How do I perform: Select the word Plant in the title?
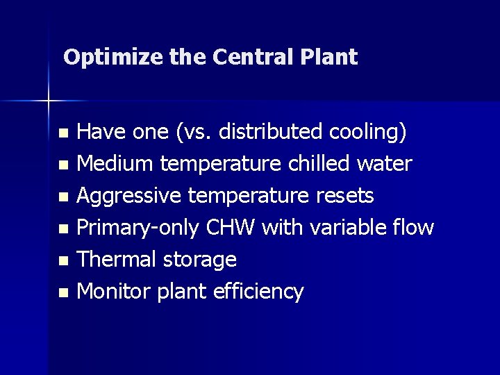(x=331, y=56)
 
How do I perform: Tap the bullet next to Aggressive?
(x=63, y=198)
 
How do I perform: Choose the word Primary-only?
(x=137, y=228)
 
